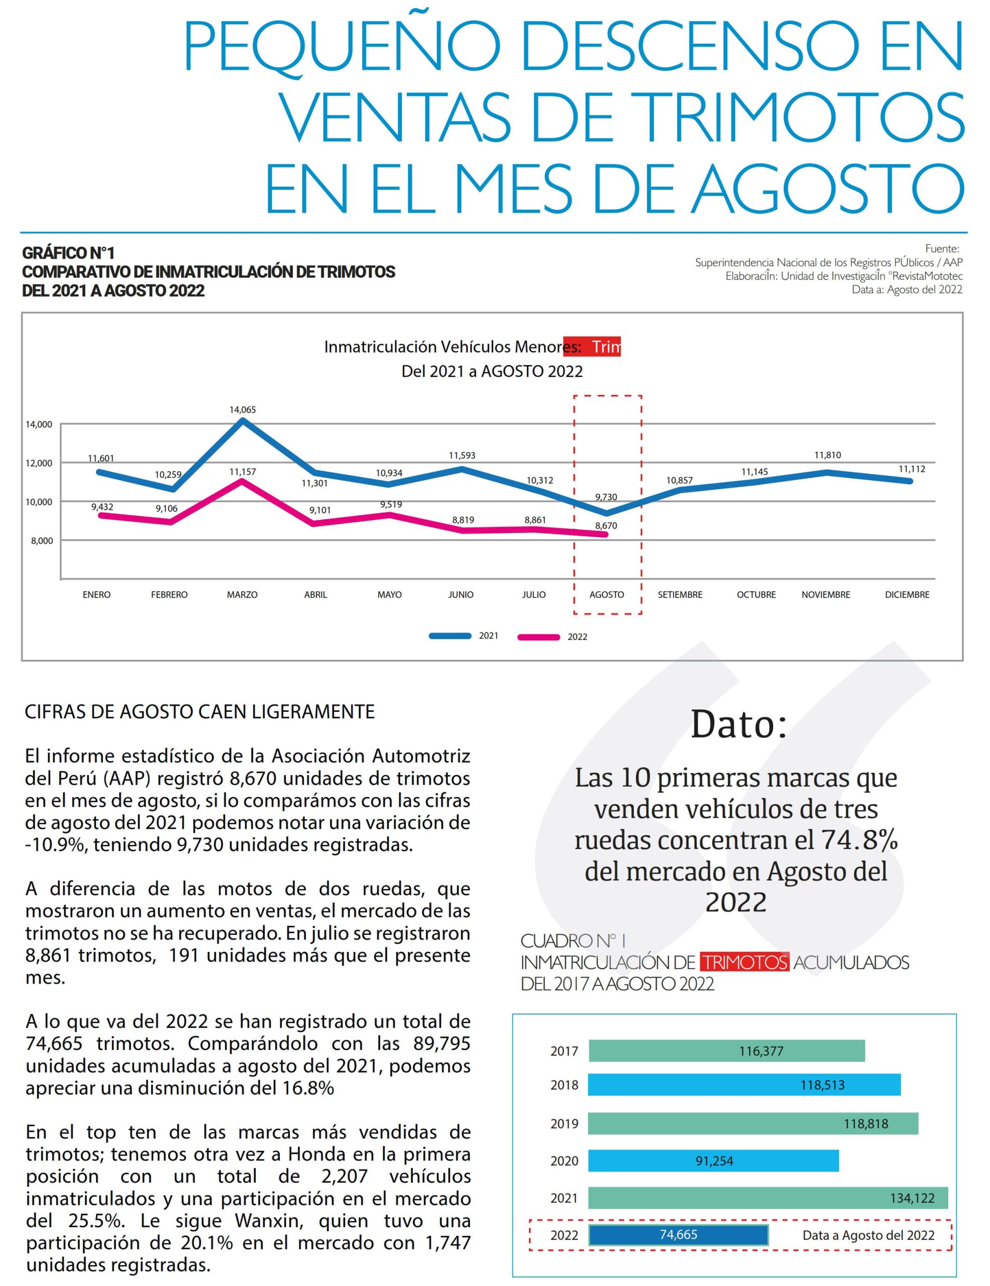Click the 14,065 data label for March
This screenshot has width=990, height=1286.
point(243,409)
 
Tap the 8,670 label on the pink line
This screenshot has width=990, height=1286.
point(606,526)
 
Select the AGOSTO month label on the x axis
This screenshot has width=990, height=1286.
point(606,595)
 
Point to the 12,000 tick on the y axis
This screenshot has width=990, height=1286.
point(40,463)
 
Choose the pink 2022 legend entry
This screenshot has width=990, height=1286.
point(552,637)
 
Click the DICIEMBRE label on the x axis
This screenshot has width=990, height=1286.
point(907,595)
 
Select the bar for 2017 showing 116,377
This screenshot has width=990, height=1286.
point(726,1051)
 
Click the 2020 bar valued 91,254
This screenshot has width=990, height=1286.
point(713,1161)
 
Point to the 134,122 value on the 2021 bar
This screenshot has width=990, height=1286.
point(912,1198)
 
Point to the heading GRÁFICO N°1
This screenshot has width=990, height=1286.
point(68,253)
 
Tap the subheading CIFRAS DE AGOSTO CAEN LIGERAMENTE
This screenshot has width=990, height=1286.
point(199,712)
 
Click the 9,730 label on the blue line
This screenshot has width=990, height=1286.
point(606,497)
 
